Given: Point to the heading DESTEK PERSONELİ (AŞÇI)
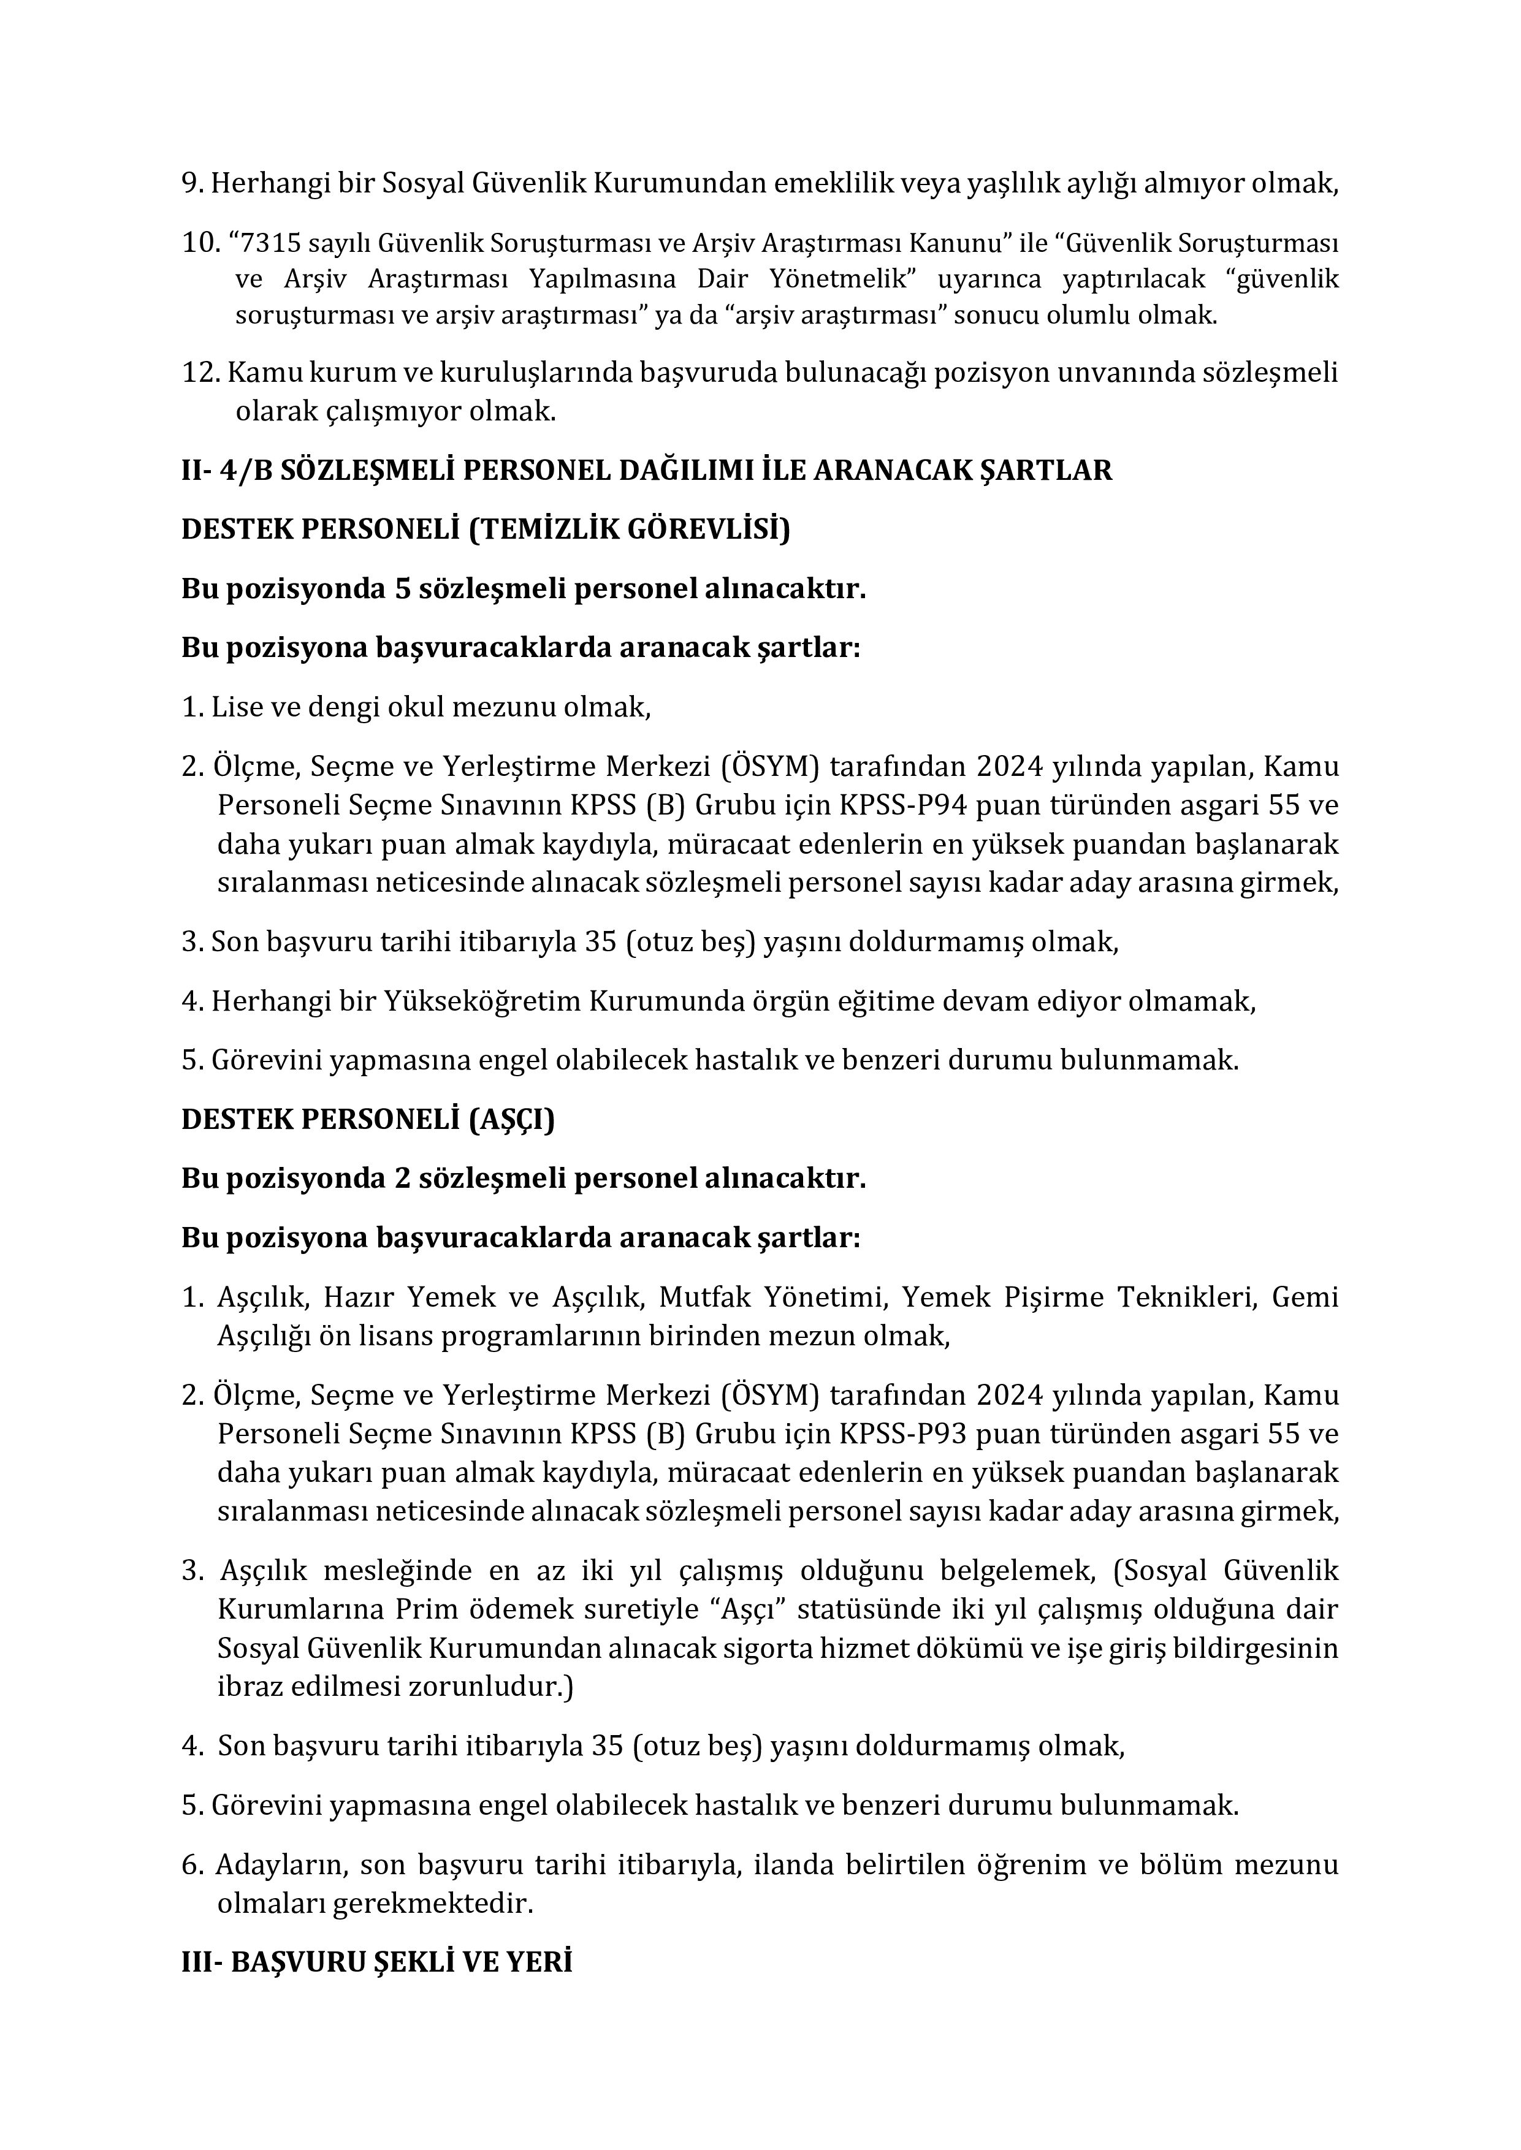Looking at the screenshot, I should pyautogui.click(x=368, y=1120).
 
